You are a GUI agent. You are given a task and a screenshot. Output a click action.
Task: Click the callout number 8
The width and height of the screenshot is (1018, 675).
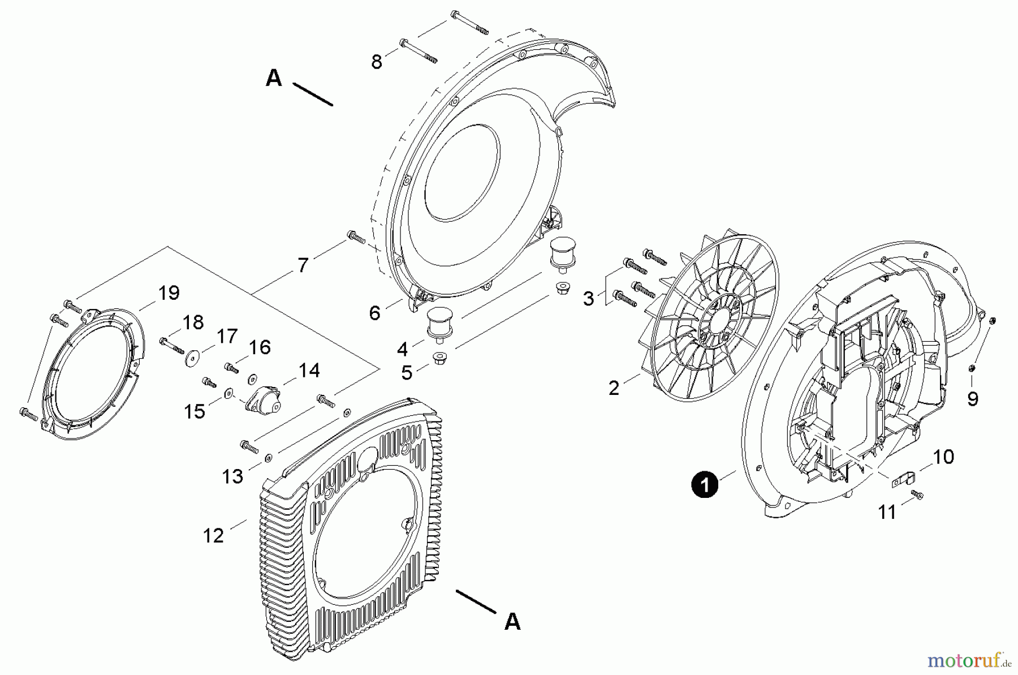coord(377,62)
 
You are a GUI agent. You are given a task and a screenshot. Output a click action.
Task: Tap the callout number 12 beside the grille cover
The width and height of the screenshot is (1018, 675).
coord(213,535)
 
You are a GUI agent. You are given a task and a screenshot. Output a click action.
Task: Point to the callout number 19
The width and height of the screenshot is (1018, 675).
coord(169,293)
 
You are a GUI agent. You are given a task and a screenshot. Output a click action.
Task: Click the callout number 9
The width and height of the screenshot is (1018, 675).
coord(972,399)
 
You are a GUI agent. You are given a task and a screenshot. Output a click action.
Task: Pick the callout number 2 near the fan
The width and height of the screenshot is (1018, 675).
coord(614,388)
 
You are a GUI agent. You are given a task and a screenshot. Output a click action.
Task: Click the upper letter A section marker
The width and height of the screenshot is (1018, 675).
coord(274,78)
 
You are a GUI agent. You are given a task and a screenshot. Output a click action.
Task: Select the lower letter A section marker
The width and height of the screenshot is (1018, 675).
coord(512,622)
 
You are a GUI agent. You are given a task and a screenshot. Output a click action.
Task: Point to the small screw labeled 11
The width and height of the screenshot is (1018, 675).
coord(918,496)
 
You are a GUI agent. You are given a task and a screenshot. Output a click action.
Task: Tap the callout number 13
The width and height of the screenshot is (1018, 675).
coord(232,476)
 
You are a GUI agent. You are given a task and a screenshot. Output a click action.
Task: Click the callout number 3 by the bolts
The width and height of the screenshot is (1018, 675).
coord(589,298)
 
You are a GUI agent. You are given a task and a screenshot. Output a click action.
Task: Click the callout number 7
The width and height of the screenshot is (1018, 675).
coord(303,265)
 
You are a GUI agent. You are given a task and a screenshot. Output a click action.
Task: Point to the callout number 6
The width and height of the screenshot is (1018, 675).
coord(374,313)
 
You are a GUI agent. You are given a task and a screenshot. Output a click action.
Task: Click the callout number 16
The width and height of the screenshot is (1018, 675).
coord(260,347)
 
